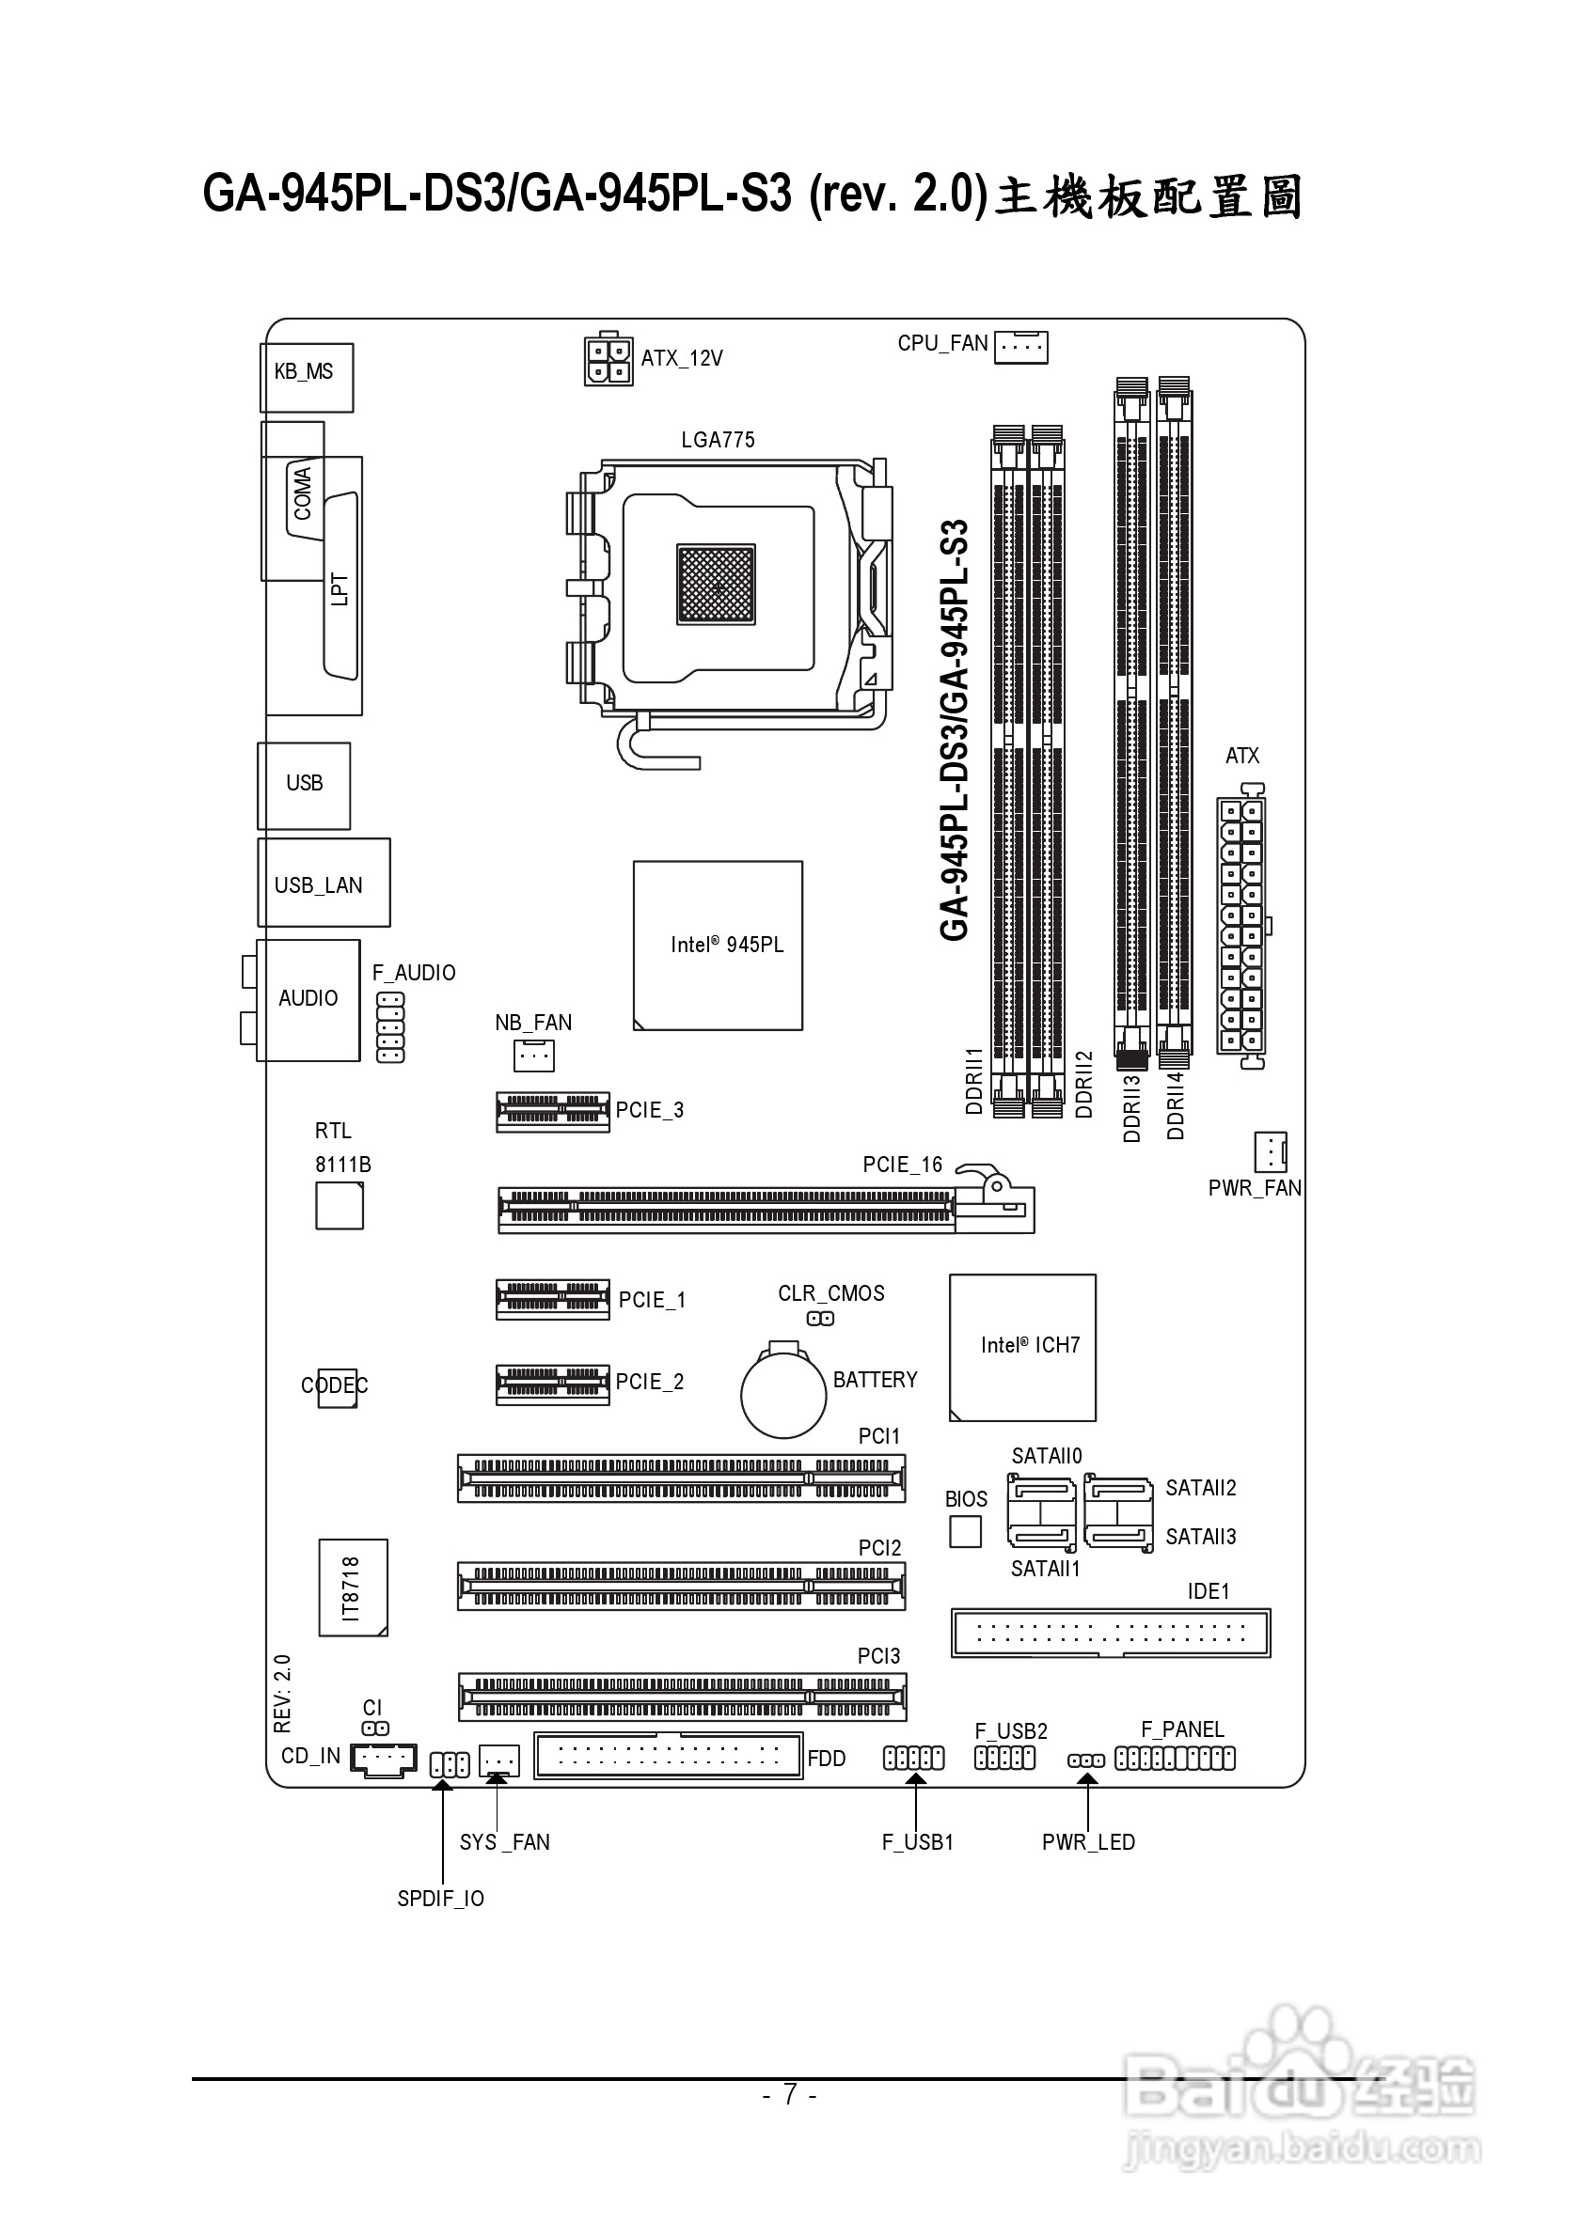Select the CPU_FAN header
[1020, 347]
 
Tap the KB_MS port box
[306, 377]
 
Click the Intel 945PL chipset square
[718, 945]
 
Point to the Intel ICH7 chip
[1022, 1348]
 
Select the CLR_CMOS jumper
[821, 1320]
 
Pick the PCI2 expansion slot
[681, 1587]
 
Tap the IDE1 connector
[1110, 1633]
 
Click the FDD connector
[668, 1756]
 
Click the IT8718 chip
[353, 1588]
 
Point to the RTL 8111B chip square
[340, 1206]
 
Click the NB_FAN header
[533, 1056]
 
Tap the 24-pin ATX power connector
[1240, 926]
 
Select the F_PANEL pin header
[1175, 1759]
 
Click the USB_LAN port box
[324, 883]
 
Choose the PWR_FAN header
[1270, 1152]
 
